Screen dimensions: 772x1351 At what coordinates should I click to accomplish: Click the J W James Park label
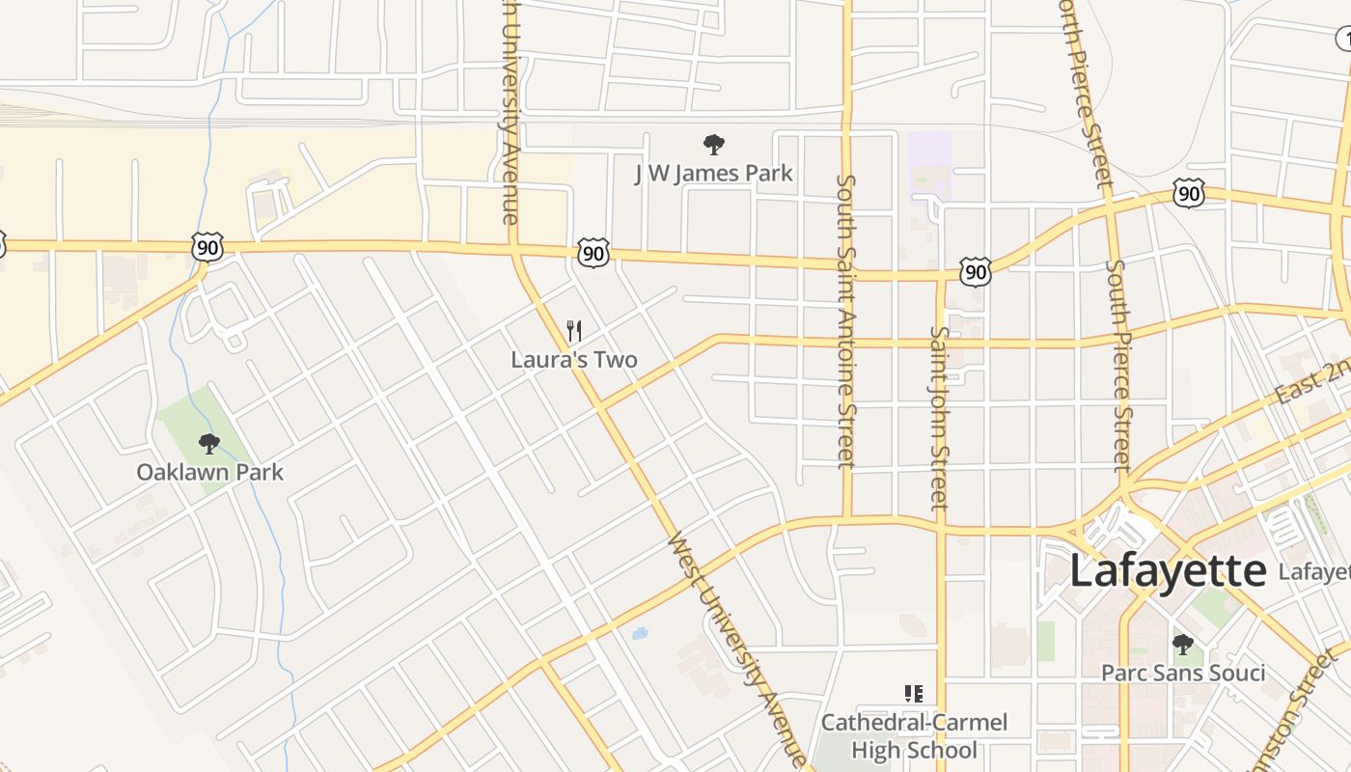click(x=713, y=174)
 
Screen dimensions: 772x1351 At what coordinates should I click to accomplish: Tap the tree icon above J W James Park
click(x=713, y=146)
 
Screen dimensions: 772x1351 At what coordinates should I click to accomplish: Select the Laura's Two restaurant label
click(x=574, y=360)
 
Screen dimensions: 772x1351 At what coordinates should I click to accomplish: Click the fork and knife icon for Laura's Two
click(x=574, y=332)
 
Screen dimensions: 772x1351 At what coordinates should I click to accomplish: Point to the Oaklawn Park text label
click(x=210, y=472)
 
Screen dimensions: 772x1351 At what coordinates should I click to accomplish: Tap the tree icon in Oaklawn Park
click(x=208, y=444)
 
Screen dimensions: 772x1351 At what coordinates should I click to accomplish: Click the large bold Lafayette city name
click(x=1167, y=570)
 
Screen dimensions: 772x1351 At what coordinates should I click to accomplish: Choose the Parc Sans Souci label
click(x=1183, y=673)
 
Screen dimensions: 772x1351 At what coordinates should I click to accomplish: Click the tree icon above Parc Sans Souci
click(x=1182, y=644)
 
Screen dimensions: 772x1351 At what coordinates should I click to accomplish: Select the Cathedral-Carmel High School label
click(x=914, y=735)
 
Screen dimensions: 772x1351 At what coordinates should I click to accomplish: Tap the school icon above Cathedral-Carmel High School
click(x=913, y=693)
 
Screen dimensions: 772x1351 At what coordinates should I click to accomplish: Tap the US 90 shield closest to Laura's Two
click(x=593, y=253)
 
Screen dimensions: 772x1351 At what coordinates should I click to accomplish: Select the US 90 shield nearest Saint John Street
click(x=976, y=272)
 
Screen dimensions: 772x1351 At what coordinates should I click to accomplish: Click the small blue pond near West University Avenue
click(x=638, y=634)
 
